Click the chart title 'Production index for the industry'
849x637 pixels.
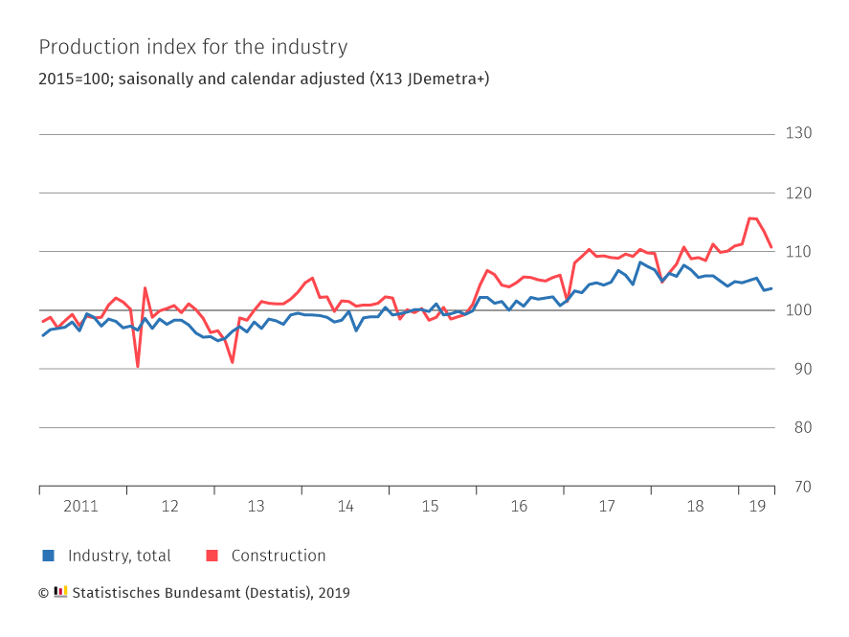[x=192, y=47]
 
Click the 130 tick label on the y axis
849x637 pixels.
[x=798, y=132]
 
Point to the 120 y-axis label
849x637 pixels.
[x=798, y=193]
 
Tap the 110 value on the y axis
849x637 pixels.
[x=798, y=251]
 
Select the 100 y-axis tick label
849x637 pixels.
[x=798, y=310]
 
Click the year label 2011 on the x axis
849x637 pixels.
[x=80, y=506]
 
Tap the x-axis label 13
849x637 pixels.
[x=257, y=506]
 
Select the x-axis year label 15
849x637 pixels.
[x=432, y=506]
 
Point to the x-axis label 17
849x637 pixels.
[x=607, y=506]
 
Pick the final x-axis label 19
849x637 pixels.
[x=756, y=506]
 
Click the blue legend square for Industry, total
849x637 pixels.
[x=48, y=556]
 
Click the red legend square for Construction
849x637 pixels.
[x=212, y=556]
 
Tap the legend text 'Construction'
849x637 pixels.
[x=278, y=556]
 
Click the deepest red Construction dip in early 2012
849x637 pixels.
[x=137, y=366]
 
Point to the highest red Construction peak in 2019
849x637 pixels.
[x=750, y=218]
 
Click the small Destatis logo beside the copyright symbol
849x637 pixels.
[x=60, y=592]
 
